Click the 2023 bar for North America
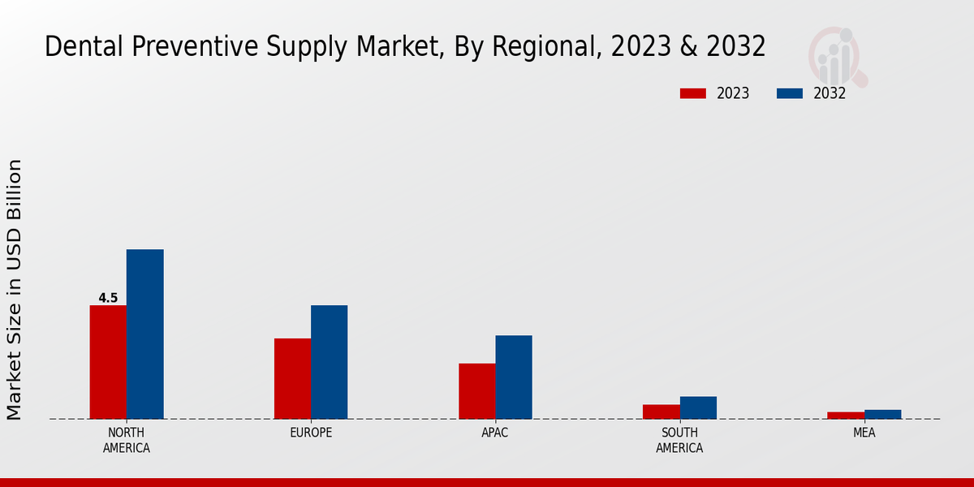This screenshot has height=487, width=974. point(108,362)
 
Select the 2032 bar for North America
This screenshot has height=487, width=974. point(144,334)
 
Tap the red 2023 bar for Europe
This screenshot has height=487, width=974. point(292,378)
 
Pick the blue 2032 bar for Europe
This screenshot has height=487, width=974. point(329,362)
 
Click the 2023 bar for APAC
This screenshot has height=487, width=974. point(476,391)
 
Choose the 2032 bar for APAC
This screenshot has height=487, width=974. point(514,377)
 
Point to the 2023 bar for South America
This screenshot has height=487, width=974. point(661,412)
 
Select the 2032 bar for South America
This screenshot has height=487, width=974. point(698,407)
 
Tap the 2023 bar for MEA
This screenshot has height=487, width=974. point(846,416)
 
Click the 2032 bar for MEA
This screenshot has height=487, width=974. point(882,414)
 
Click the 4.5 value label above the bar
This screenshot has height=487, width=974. point(108,298)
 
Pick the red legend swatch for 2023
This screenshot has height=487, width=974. point(692,93)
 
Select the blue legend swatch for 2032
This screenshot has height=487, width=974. point(789,93)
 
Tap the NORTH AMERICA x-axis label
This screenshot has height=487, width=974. point(127,440)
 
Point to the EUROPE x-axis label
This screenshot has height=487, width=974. point(311,433)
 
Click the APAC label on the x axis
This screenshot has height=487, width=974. point(495,433)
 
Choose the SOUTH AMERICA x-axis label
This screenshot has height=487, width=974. point(679,440)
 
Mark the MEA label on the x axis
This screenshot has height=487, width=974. point(864,433)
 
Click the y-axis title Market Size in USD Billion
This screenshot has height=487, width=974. point(15,290)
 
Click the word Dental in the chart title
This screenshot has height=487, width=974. point(75,47)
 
